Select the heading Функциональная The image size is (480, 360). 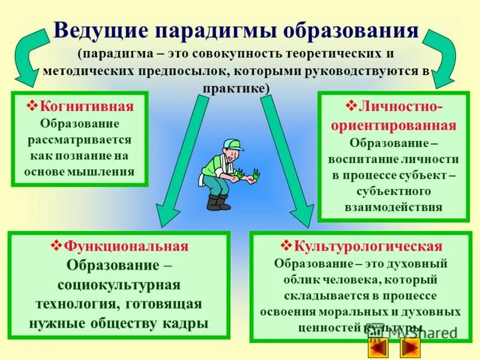coord(126,247)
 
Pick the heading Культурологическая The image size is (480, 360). coord(368,247)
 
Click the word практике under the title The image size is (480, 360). coord(235,88)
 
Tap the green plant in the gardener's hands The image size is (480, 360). coord(248,175)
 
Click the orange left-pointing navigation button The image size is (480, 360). coord(378,347)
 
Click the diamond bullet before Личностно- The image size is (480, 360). coord(352,106)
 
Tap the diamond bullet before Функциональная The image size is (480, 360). coord(57,246)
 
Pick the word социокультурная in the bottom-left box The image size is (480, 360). coord(119,284)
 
